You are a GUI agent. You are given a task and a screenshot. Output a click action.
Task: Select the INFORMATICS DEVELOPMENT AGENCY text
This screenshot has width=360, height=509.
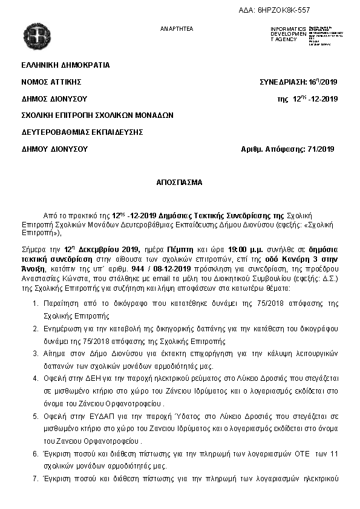point(288,34)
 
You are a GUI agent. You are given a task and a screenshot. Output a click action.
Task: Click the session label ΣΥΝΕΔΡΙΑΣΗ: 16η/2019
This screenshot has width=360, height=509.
point(298,82)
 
